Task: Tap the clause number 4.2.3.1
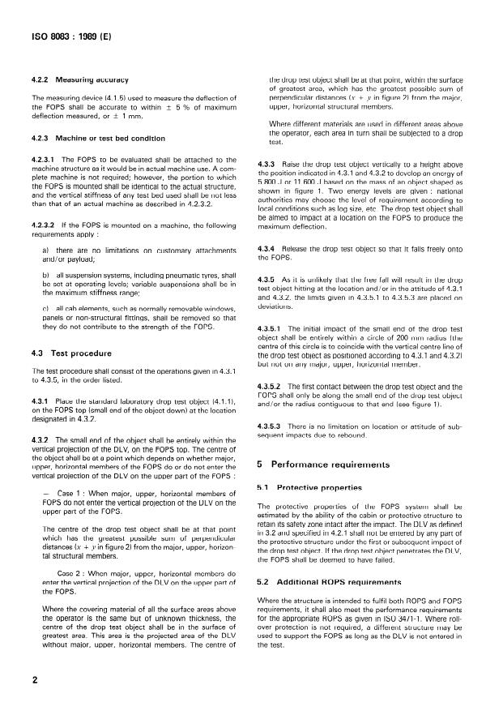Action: pos(47,160)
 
